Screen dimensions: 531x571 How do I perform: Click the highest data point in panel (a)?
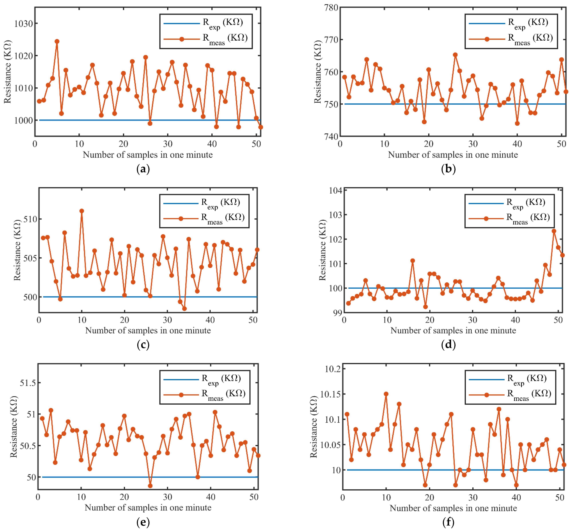57,41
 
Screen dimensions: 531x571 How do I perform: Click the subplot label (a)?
143,169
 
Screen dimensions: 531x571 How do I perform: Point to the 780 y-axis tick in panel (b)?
331,7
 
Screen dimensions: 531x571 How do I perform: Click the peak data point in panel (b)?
455,55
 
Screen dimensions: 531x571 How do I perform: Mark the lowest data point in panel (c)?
184,309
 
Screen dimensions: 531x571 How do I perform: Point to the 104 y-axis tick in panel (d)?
335,190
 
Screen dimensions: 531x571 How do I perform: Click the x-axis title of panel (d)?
453,330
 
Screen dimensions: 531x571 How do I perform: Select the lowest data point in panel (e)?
150,486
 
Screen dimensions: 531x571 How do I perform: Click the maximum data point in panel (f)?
386,394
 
